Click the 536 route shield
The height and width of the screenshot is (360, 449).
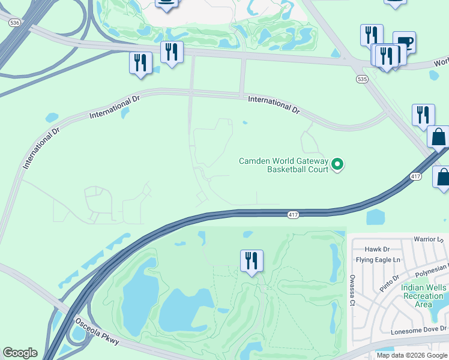[x=14, y=22]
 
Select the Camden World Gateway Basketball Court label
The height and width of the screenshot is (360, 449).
[x=283, y=165]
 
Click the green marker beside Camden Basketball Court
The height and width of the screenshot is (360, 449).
[x=337, y=163]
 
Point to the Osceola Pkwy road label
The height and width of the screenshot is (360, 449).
[x=98, y=331]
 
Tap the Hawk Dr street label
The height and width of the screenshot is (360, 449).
[x=378, y=249]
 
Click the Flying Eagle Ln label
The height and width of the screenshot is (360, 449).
[x=378, y=260]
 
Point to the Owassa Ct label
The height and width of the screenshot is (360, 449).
[x=351, y=290]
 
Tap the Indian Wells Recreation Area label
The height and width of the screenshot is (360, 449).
[x=424, y=296]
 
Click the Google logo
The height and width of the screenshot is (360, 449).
[x=20, y=353]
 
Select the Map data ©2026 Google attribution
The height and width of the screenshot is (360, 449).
[x=412, y=355]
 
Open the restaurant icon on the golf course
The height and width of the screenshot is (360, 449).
[x=251, y=261]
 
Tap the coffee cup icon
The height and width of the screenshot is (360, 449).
[x=404, y=42]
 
